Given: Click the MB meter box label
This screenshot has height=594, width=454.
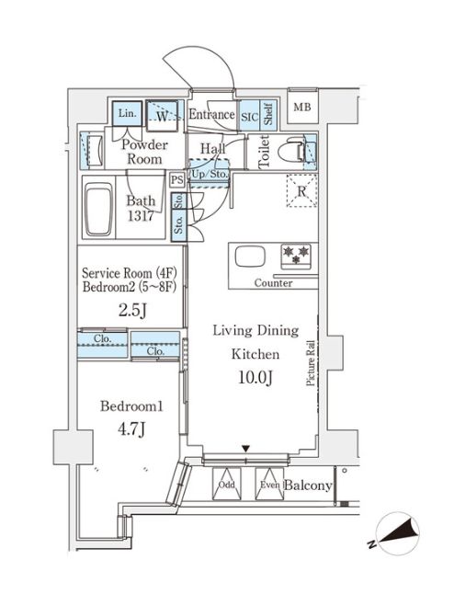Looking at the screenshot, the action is click(302, 108).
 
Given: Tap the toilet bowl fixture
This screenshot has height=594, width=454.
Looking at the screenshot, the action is click(291, 153).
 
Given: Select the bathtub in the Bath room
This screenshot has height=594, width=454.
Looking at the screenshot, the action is click(98, 210).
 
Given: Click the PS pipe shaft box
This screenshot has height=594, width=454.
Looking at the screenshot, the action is click(177, 179).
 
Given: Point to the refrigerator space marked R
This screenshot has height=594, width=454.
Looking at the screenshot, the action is click(301, 191).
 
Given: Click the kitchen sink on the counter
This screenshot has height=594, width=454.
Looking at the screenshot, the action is click(250, 257).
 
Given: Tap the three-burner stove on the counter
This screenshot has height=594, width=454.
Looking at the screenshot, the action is click(296, 255).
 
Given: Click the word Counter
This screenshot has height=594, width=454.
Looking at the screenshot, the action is click(273, 283).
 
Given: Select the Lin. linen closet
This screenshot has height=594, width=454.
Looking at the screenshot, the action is click(127, 113).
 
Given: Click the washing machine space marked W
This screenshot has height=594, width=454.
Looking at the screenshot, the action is click(162, 116).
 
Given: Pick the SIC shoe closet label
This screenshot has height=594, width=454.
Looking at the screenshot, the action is click(250, 117).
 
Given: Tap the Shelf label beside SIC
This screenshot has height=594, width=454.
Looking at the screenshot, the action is click(268, 114).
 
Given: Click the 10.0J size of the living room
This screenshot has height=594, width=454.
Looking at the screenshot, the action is click(255, 377).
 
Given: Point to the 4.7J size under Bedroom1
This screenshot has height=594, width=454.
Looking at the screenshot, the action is click(131, 429).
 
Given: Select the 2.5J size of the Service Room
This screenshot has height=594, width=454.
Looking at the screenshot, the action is click(132, 311).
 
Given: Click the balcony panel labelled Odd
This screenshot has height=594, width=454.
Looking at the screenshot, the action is click(226, 485).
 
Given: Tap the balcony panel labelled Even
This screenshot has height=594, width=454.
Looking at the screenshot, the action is click(269, 485).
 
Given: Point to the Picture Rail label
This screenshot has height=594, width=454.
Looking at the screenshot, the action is click(311, 363).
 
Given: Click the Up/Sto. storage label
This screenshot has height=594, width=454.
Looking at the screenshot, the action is click(210, 175).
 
